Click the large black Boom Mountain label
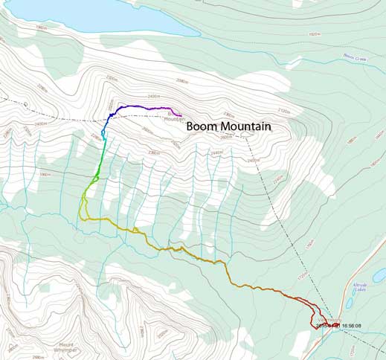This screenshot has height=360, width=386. tap(228, 126)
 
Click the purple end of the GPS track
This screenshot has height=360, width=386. tap(176, 112)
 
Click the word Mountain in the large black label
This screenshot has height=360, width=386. tap(247, 126)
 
